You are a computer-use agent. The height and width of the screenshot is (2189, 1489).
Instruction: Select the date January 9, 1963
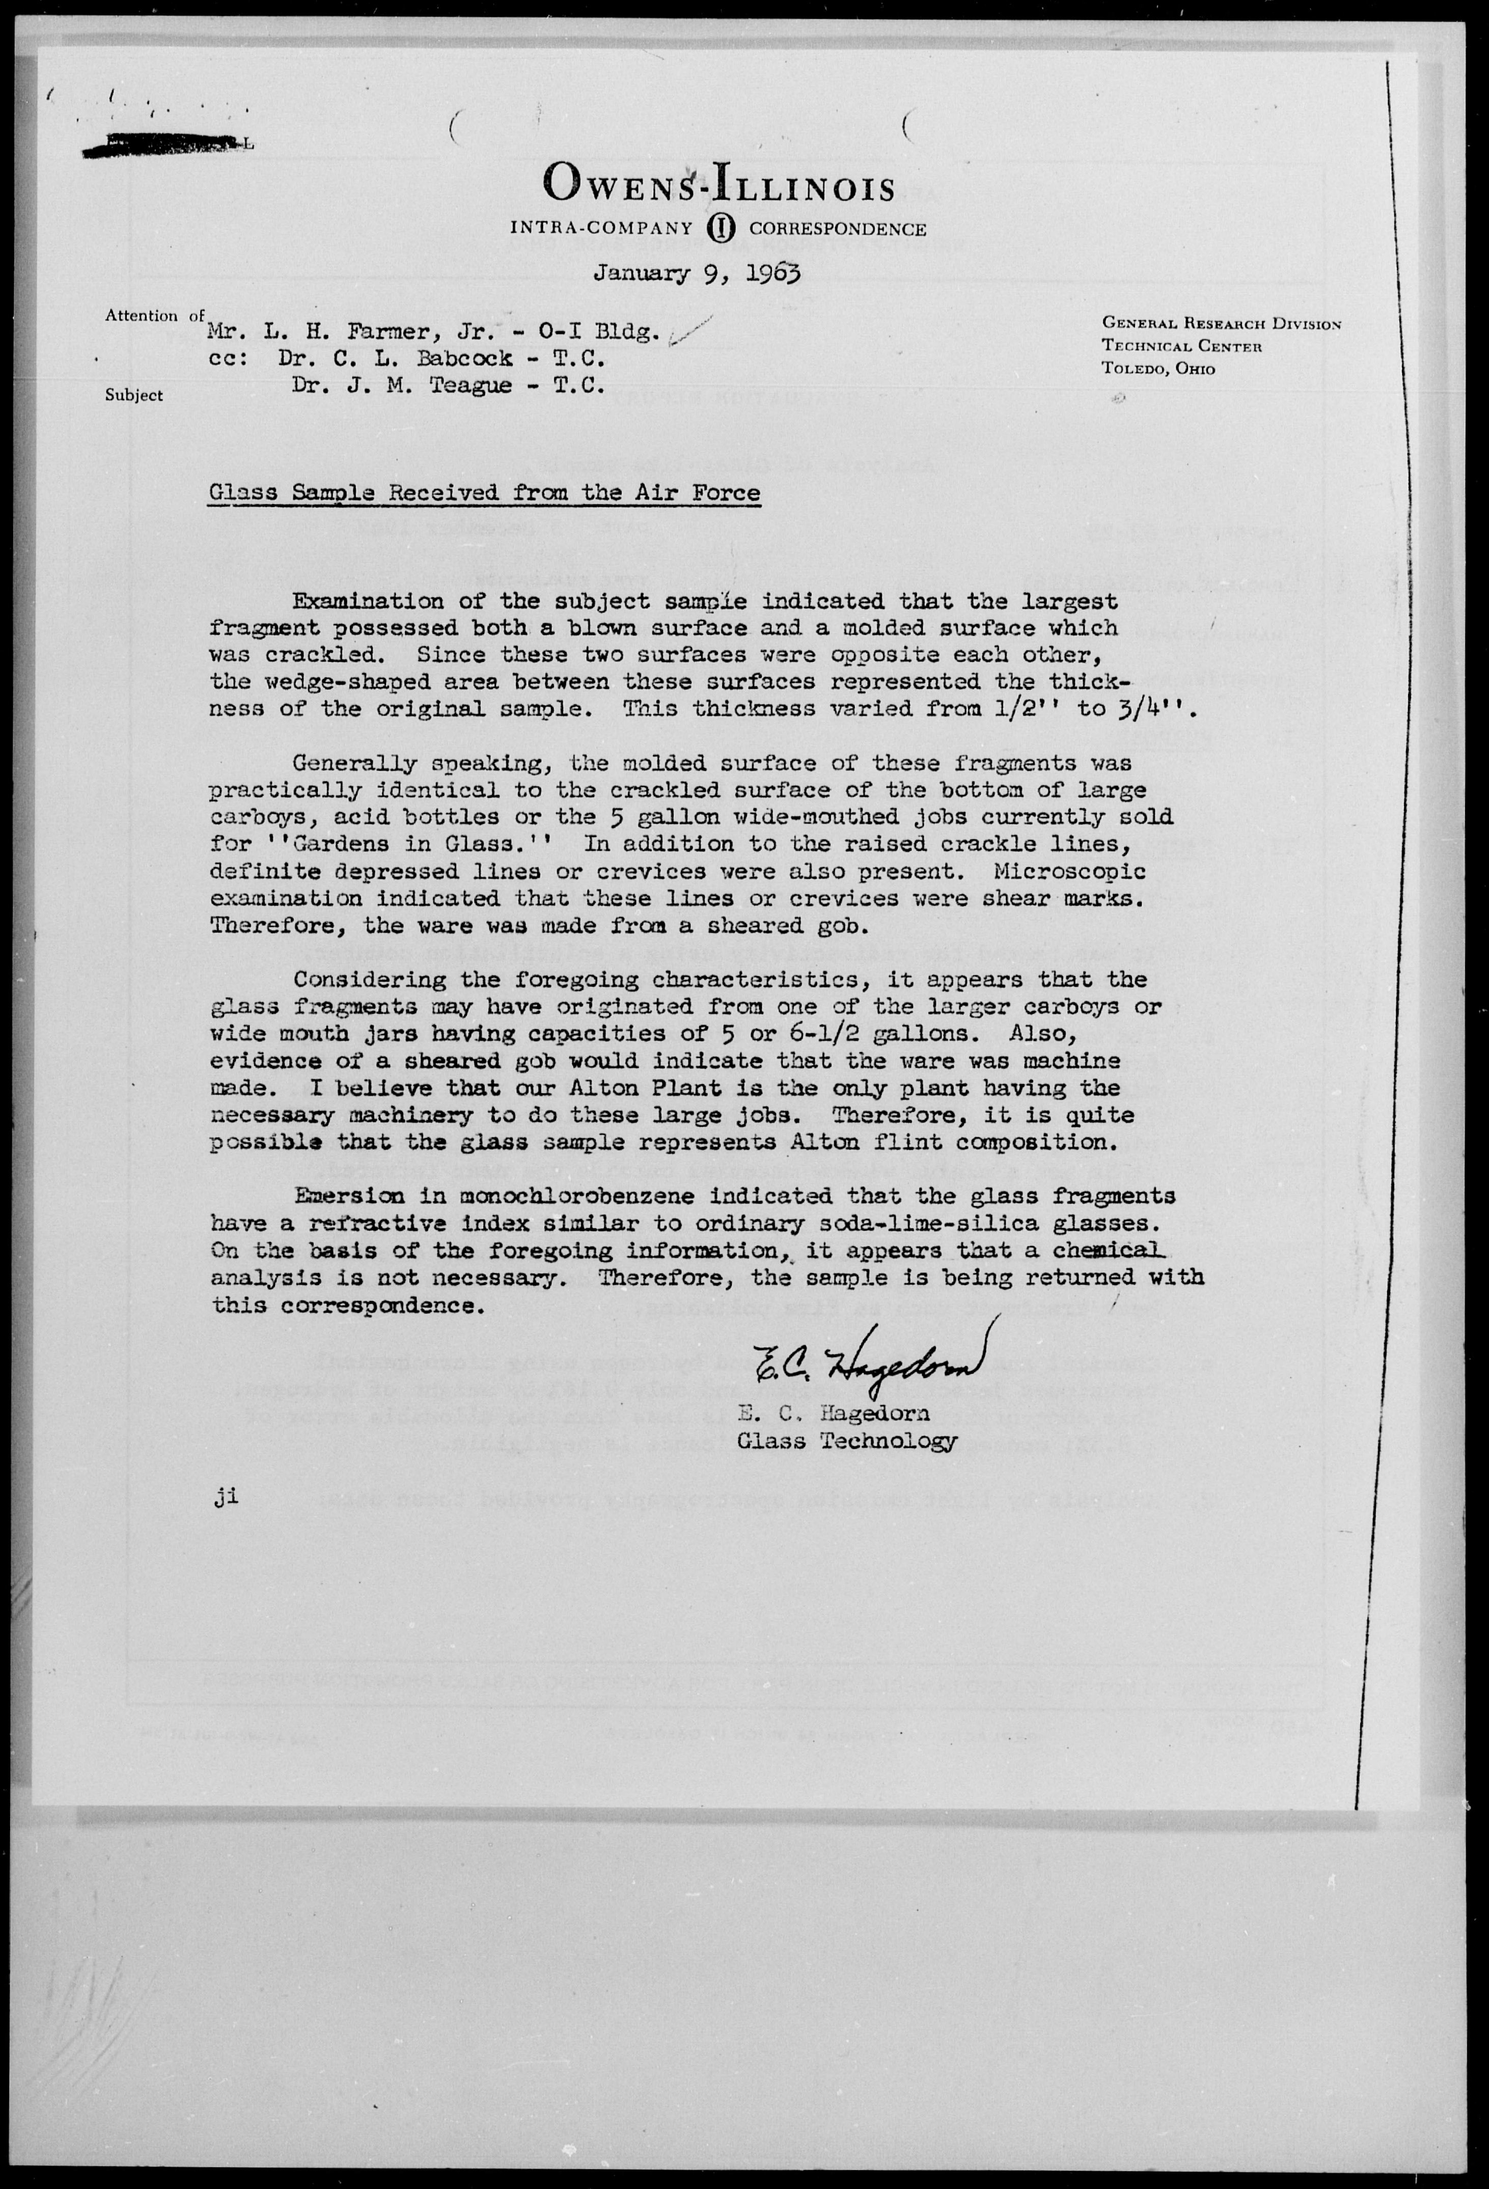pos(697,274)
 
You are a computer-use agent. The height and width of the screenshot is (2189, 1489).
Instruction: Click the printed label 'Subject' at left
pos(134,396)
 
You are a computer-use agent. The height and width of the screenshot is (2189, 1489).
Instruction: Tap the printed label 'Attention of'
pos(154,316)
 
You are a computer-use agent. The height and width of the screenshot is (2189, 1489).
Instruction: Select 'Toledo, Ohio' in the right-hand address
pos(1159,369)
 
